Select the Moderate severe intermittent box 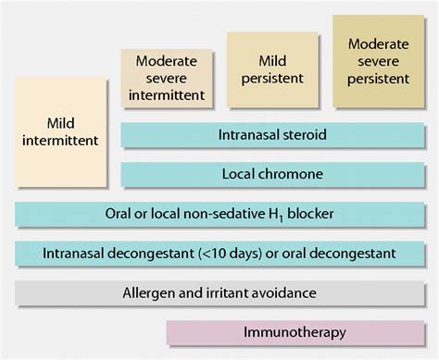[166, 78]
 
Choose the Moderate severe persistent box [377, 62]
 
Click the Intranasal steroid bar [272, 135]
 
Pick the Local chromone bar [272, 174]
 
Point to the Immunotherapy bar [295, 331]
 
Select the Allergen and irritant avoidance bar [220, 292]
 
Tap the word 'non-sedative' [208, 214]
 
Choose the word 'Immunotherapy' [295, 331]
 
